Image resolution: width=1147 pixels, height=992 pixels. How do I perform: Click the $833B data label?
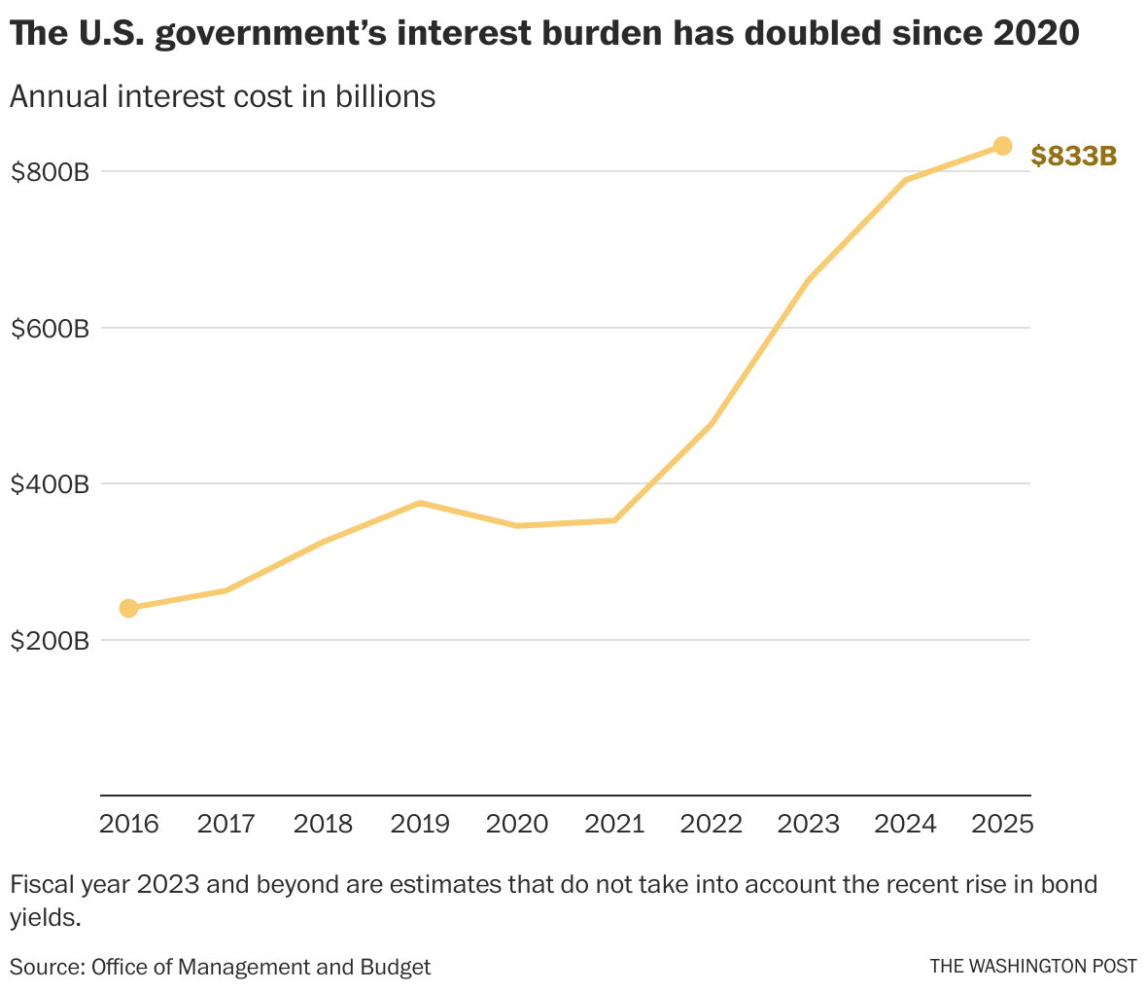point(1073,156)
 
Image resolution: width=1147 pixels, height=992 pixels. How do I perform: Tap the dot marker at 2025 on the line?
point(1002,146)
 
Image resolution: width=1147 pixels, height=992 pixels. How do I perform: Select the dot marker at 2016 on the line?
point(128,608)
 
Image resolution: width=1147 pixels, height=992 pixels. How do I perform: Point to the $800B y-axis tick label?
point(50,172)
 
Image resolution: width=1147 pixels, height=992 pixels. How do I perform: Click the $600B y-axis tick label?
point(50,329)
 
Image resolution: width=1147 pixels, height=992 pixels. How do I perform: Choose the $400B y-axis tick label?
point(50,484)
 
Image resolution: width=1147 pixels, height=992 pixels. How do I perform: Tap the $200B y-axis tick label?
point(50,641)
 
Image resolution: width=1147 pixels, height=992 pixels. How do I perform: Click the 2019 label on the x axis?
point(420,824)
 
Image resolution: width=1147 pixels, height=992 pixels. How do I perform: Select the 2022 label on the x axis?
point(712,824)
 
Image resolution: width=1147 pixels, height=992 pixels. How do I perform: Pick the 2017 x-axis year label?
point(226,824)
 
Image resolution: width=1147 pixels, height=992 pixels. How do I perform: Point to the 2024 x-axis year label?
point(905,824)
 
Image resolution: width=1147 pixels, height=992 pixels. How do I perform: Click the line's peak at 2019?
point(420,503)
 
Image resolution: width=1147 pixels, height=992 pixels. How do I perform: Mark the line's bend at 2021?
point(614,520)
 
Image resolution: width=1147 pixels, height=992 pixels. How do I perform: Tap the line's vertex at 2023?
point(809,280)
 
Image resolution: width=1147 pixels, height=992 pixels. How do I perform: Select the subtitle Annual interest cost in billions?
point(223,96)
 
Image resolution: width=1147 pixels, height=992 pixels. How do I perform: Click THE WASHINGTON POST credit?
point(1032,966)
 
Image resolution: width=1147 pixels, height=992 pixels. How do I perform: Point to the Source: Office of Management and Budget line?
point(221,966)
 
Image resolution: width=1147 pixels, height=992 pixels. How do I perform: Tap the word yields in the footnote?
point(43,917)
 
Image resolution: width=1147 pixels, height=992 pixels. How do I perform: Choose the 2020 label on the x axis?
point(517,824)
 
